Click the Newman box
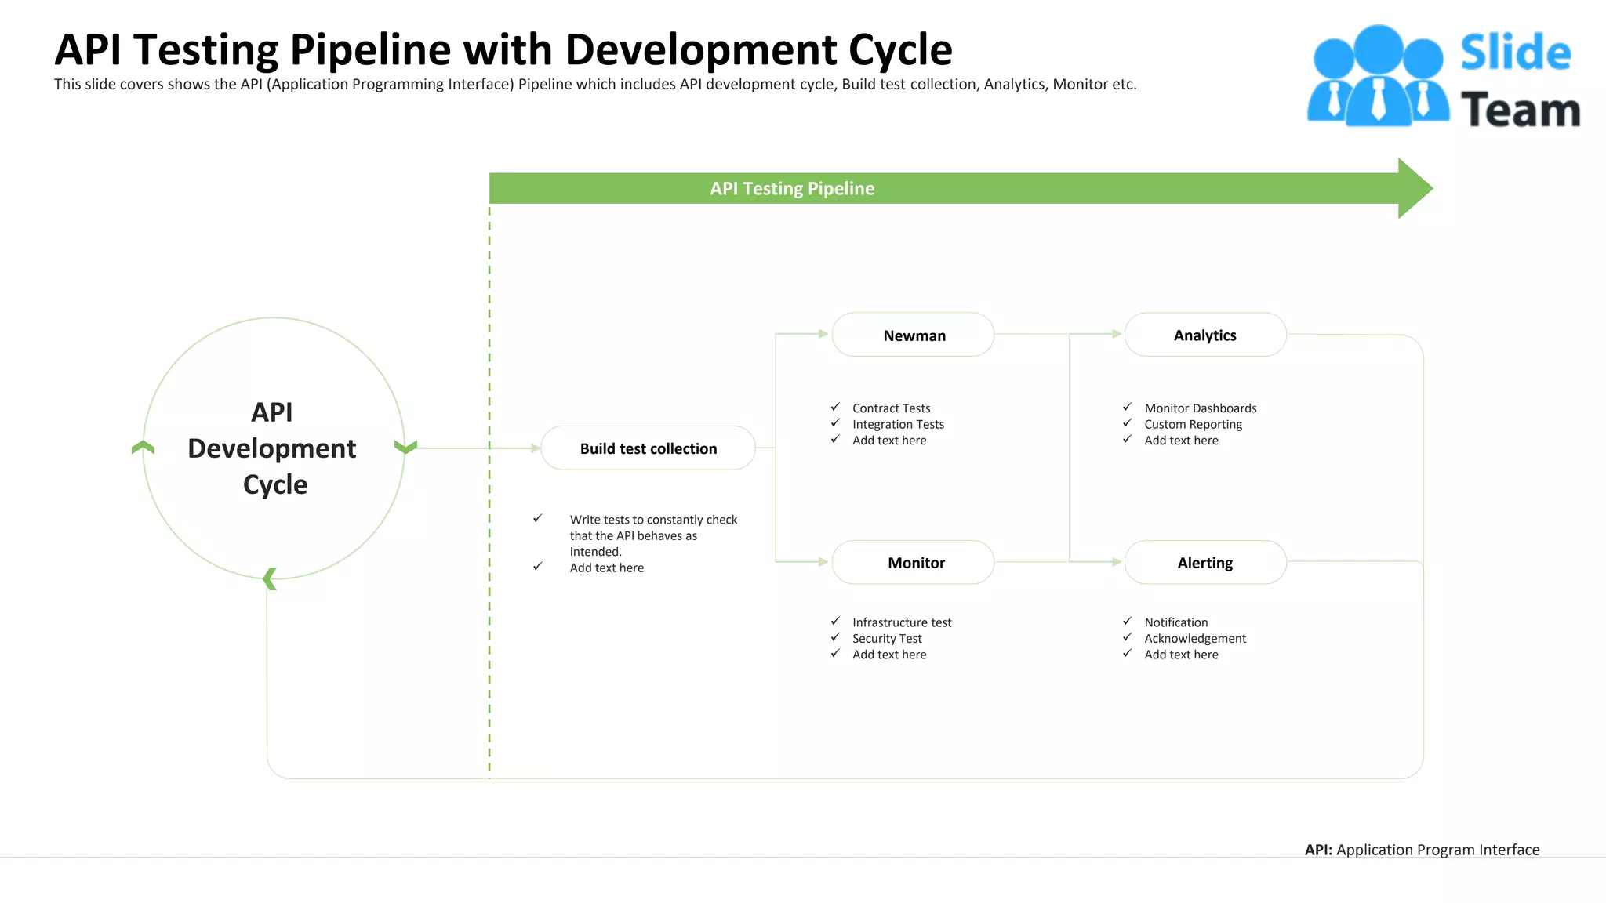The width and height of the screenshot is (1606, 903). (914, 335)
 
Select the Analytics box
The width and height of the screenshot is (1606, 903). (1205, 335)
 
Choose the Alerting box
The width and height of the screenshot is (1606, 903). (1205, 563)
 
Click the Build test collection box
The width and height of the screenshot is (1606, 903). (648, 448)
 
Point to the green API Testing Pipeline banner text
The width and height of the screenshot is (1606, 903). (792, 189)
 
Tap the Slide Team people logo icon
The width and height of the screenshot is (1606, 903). (1378, 76)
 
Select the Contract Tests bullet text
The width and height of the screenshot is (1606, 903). (891, 408)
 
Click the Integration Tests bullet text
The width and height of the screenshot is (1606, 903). (898, 425)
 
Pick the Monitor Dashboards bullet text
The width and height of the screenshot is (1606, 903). (1200, 408)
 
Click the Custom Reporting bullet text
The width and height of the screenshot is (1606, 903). (1193, 425)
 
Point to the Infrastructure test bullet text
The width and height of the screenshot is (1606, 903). (902, 622)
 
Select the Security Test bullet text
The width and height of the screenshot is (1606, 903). (887, 639)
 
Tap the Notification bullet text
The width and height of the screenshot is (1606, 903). (1175, 622)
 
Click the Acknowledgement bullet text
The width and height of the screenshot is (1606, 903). (1195, 639)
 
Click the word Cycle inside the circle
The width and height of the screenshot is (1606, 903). (275, 485)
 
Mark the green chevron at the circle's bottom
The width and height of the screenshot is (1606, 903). (270, 578)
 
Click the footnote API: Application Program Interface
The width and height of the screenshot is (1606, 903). (1422, 850)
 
